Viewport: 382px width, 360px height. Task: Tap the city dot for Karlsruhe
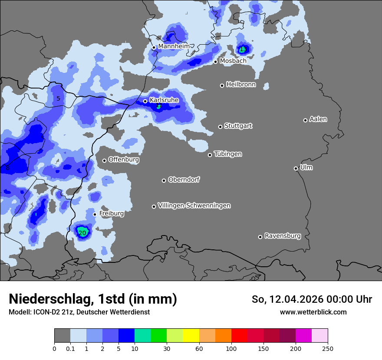tap(145, 101)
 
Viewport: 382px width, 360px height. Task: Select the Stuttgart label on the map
tap(238, 126)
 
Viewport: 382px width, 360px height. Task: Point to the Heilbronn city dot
tap(222, 85)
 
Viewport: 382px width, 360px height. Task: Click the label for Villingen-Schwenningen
tap(194, 206)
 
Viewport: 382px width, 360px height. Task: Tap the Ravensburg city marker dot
tap(260, 237)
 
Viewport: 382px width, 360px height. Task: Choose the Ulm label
tap(306, 167)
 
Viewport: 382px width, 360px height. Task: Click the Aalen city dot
tap(305, 120)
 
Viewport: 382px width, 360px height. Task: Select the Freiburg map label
tap(112, 213)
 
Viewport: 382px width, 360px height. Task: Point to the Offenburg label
tap(124, 160)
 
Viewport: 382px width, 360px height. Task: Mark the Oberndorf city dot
tap(164, 180)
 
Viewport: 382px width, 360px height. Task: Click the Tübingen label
tap(228, 154)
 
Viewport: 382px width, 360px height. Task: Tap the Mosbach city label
tap(233, 61)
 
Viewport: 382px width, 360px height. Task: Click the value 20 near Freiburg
tap(82, 233)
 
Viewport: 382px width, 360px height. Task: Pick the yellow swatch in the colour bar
tap(191, 336)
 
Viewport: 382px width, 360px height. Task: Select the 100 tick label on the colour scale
tap(231, 348)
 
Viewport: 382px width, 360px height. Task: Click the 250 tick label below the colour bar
tap(328, 348)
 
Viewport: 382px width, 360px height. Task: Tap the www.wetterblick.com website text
tap(313, 312)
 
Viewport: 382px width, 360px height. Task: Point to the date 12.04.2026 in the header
tap(296, 299)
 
